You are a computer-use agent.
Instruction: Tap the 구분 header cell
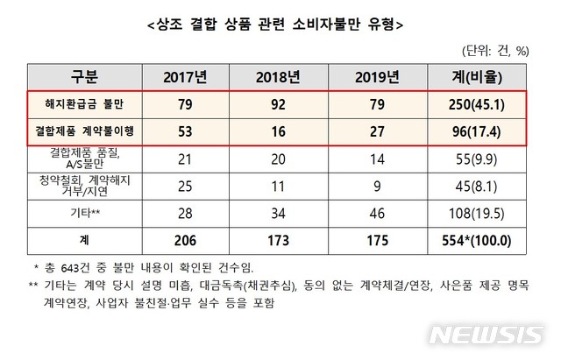click(82, 77)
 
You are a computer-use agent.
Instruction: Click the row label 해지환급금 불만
click(82, 105)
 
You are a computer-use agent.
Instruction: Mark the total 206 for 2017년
click(185, 238)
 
